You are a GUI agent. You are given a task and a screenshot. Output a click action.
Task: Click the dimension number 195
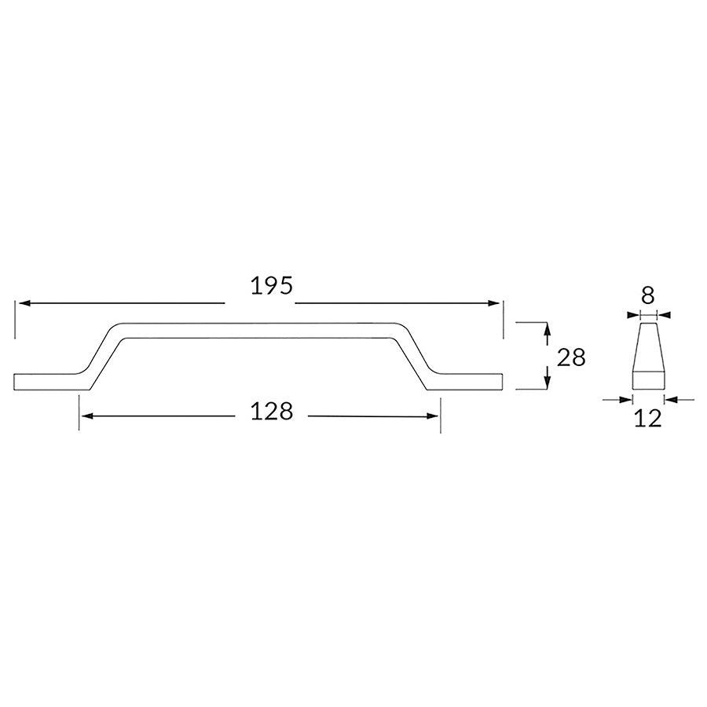pyautogui.click(x=272, y=286)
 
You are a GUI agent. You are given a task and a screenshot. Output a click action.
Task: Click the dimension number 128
pyautogui.click(x=273, y=411)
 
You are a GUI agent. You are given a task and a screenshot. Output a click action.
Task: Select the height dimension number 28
pyautogui.click(x=571, y=357)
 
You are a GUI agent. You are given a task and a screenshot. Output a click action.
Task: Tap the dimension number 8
pyautogui.click(x=647, y=295)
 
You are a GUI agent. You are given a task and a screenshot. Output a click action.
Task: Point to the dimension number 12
pyautogui.click(x=648, y=418)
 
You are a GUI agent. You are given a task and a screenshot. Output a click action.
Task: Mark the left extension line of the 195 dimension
pyautogui.click(x=15, y=318)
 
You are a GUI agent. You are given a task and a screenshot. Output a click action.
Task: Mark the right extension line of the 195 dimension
pyautogui.click(x=503, y=318)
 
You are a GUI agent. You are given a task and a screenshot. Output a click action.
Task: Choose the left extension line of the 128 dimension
pyautogui.click(x=79, y=412)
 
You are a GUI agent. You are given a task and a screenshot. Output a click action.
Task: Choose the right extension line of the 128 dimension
pyautogui.click(x=440, y=412)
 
